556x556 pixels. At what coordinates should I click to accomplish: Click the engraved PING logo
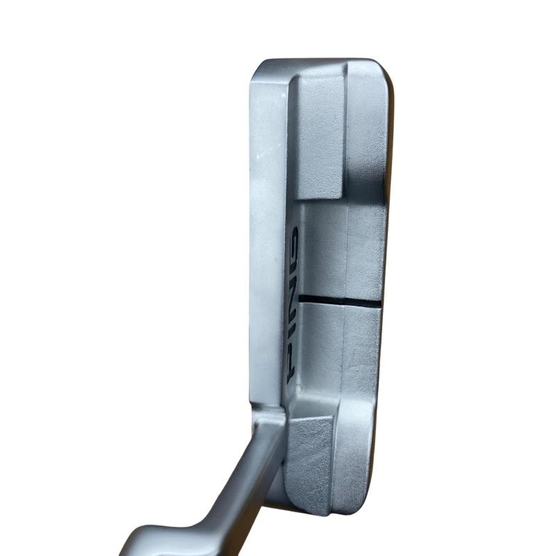pos(293,305)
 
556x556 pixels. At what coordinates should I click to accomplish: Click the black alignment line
pos(341,300)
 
